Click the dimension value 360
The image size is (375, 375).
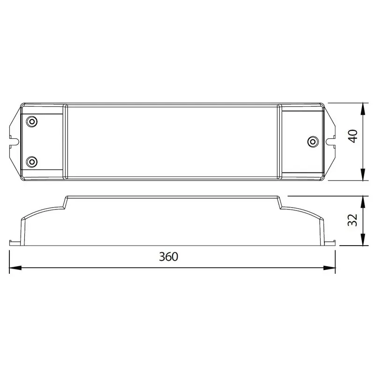pos(169,256)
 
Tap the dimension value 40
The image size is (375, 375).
pos(353,136)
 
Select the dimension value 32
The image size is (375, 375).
pos(353,220)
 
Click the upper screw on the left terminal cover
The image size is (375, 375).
pos(31,122)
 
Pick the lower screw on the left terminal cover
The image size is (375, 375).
pos(31,162)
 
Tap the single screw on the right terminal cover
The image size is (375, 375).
pos(313,142)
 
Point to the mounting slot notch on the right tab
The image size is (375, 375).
pos(330,142)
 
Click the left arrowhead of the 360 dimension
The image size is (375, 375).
pos(15,268)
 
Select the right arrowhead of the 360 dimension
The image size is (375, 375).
pos(330,268)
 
